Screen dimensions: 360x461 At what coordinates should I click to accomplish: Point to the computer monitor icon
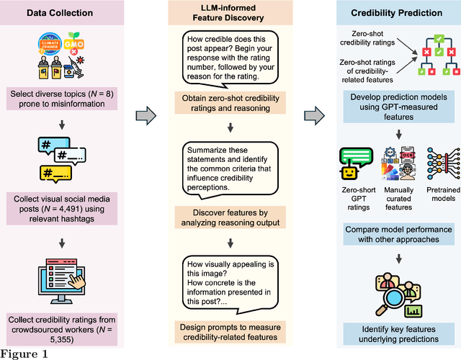[70, 271]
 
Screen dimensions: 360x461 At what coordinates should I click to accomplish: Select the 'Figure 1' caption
[24, 353]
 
